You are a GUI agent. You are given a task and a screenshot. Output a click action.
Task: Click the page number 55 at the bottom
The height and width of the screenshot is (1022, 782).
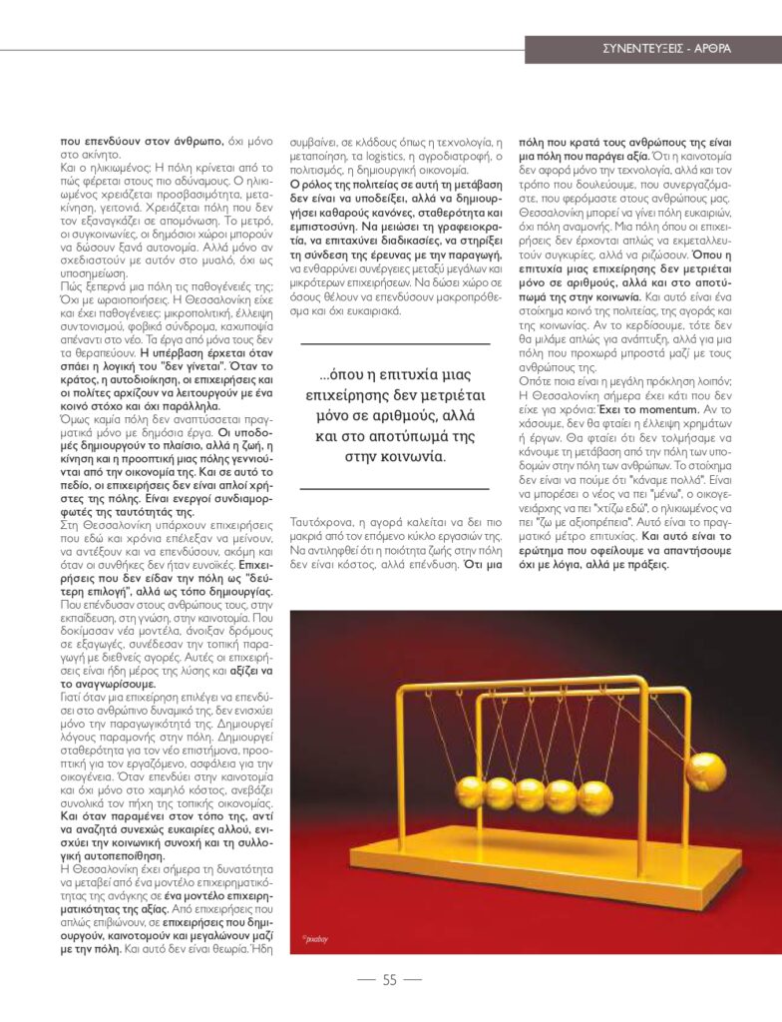(x=389, y=980)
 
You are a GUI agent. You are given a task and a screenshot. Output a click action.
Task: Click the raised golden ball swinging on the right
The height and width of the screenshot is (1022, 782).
(x=705, y=771)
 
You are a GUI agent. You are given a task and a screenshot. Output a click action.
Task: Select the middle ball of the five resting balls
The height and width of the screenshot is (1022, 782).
(x=530, y=795)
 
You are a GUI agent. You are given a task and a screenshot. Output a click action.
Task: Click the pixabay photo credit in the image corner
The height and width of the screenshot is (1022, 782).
(x=315, y=939)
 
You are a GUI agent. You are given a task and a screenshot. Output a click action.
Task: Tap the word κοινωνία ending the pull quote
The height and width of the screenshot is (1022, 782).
(x=407, y=457)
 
